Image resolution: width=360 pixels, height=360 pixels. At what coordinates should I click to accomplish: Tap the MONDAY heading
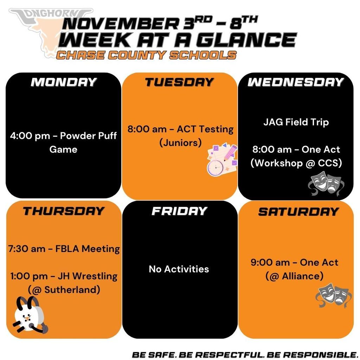[63, 82]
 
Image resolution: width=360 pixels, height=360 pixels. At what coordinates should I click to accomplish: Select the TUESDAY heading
[179, 82]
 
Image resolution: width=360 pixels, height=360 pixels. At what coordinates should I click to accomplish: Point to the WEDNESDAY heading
[295, 82]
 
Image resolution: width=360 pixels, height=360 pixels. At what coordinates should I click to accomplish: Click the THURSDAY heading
[63, 211]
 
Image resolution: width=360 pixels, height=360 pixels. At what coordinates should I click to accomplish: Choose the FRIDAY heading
[179, 211]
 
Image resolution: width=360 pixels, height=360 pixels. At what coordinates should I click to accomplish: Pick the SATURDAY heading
[298, 212]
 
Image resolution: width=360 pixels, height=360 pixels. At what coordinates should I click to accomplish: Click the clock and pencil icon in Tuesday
[221, 160]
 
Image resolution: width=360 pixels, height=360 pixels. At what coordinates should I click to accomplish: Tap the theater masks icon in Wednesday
[326, 183]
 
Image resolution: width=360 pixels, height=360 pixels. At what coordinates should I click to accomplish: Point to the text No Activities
[179, 269]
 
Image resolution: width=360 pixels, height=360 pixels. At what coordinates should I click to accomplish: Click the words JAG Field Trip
[296, 122]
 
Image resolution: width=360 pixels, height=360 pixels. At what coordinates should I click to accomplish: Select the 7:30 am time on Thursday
[26, 249]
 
